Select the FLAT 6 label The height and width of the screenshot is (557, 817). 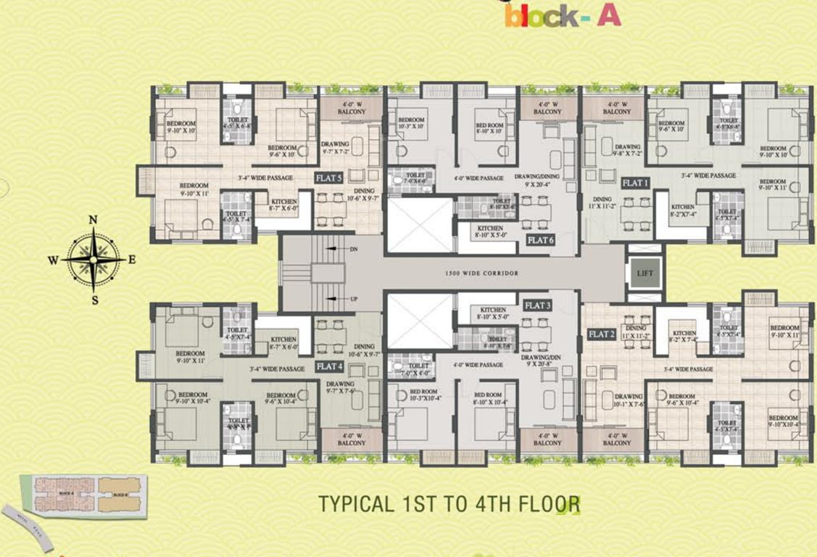pyautogui.click(x=541, y=239)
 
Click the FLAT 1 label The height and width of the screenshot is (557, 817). pyautogui.click(x=636, y=183)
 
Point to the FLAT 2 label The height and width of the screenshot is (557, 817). pyautogui.click(x=602, y=334)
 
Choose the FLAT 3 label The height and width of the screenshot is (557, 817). pyautogui.click(x=538, y=305)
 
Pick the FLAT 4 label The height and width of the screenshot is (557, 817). pyautogui.click(x=329, y=367)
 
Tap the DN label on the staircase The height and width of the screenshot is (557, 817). pyautogui.click(x=354, y=249)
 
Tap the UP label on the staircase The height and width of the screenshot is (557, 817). pyautogui.click(x=354, y=298)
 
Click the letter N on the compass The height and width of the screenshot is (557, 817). pyautogui.click(x=93, y=220)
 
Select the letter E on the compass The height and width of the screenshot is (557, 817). pyautogui.click(x=131, y=259)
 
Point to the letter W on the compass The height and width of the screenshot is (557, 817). pyautogui.click(x=54, y=259)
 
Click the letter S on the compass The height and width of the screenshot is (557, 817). pyautogui.click(x=93, y=298)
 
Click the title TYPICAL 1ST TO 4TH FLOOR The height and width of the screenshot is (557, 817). pyautogui.click(x=449, y=503)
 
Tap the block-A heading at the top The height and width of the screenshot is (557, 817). pyautogui.click(x=563, y=16)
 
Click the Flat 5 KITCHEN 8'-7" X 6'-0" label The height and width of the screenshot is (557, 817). pyautogui.click(x=284, y=205)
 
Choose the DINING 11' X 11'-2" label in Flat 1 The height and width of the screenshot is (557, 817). pyautogui.click(x=604, y=202)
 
